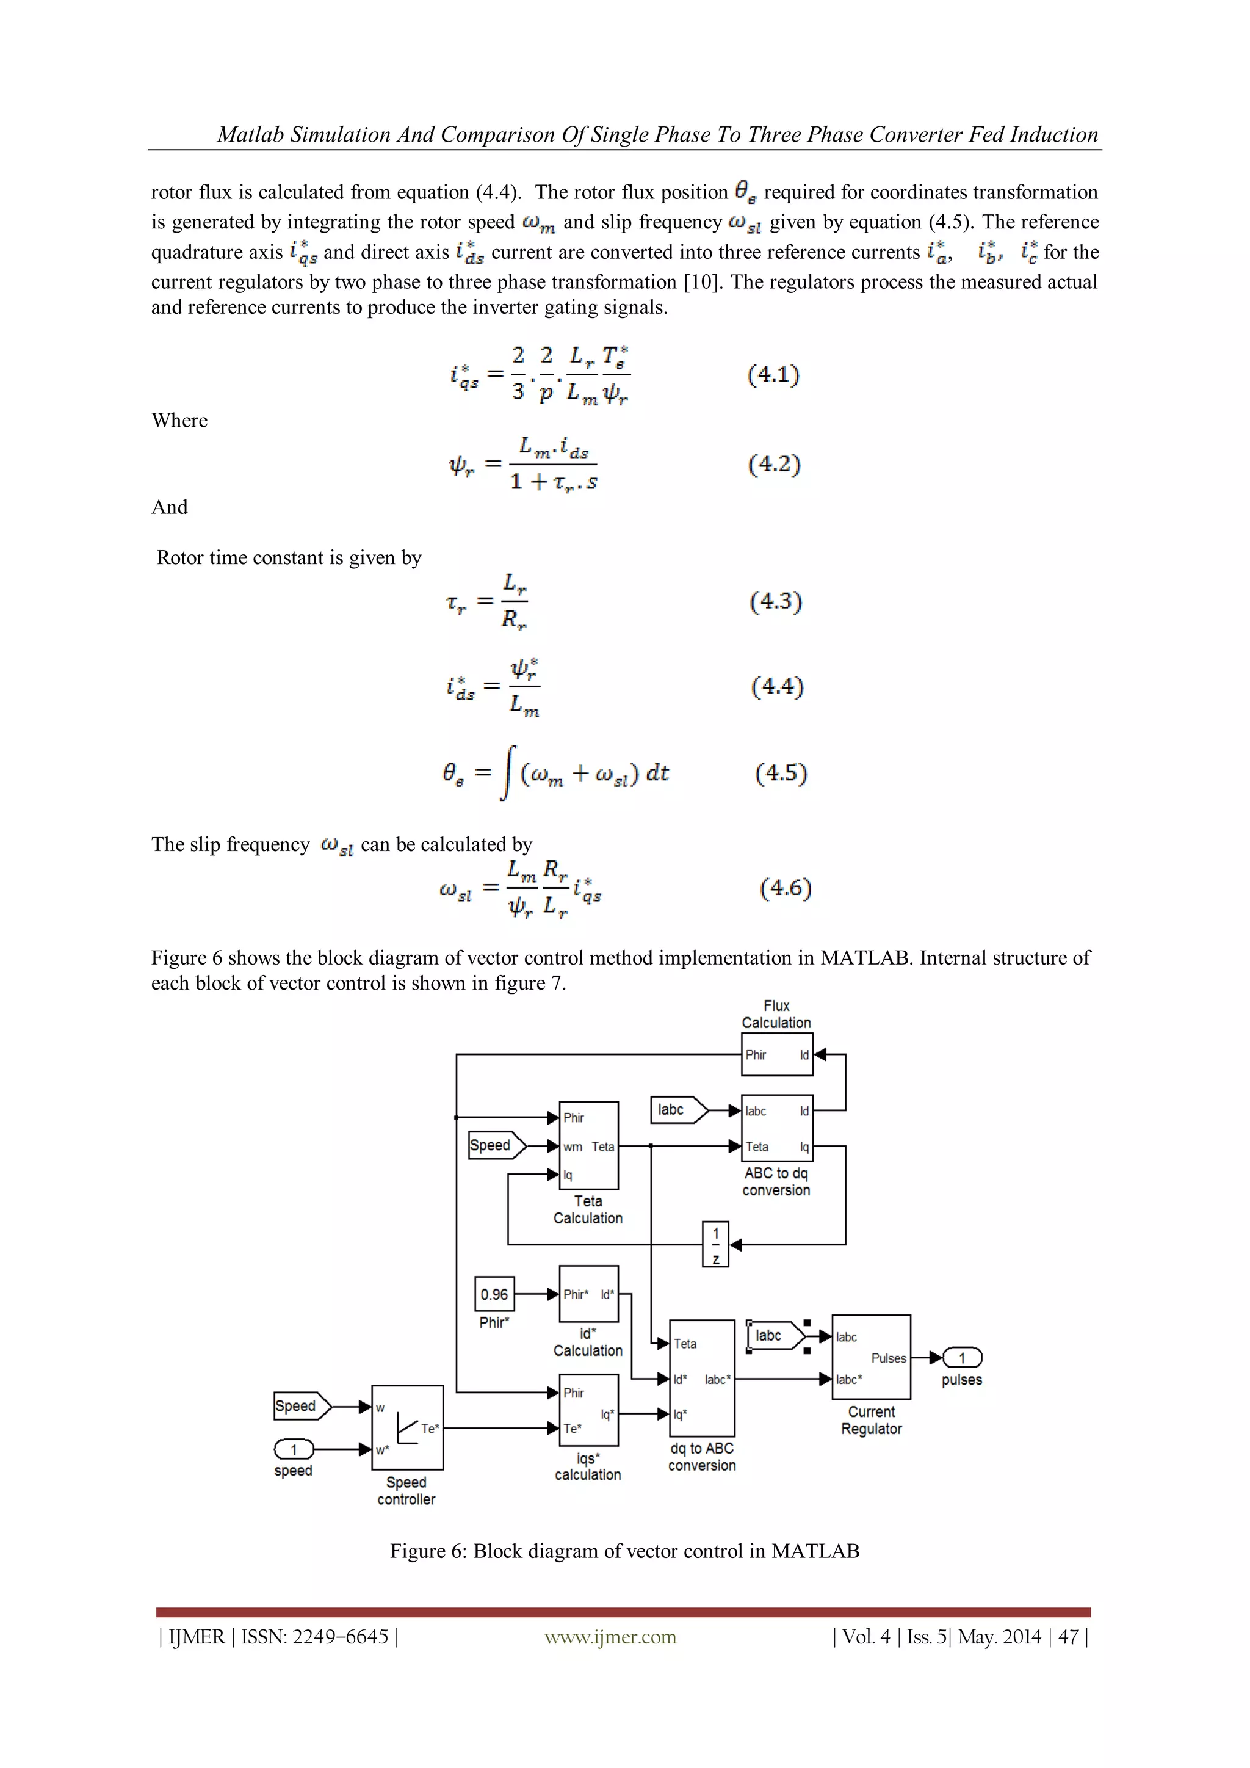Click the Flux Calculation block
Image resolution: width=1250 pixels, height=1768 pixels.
776,1054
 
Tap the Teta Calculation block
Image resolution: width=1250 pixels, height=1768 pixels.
588,1145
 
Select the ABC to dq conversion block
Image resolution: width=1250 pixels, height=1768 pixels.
776,1128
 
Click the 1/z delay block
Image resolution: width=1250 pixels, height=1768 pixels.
715,1244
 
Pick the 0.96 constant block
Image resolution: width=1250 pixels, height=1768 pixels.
494,1294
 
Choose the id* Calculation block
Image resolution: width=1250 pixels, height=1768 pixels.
588,1294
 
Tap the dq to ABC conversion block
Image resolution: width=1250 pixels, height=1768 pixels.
702,1379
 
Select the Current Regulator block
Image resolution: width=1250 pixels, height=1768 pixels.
872,1358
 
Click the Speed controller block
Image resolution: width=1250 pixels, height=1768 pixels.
407,1427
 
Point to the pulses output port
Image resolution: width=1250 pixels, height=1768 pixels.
962,1358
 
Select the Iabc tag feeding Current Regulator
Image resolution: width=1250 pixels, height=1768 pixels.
775,1336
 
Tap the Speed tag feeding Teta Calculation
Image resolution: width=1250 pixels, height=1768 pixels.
496,1145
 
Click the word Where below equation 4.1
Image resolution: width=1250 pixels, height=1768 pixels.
179,421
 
